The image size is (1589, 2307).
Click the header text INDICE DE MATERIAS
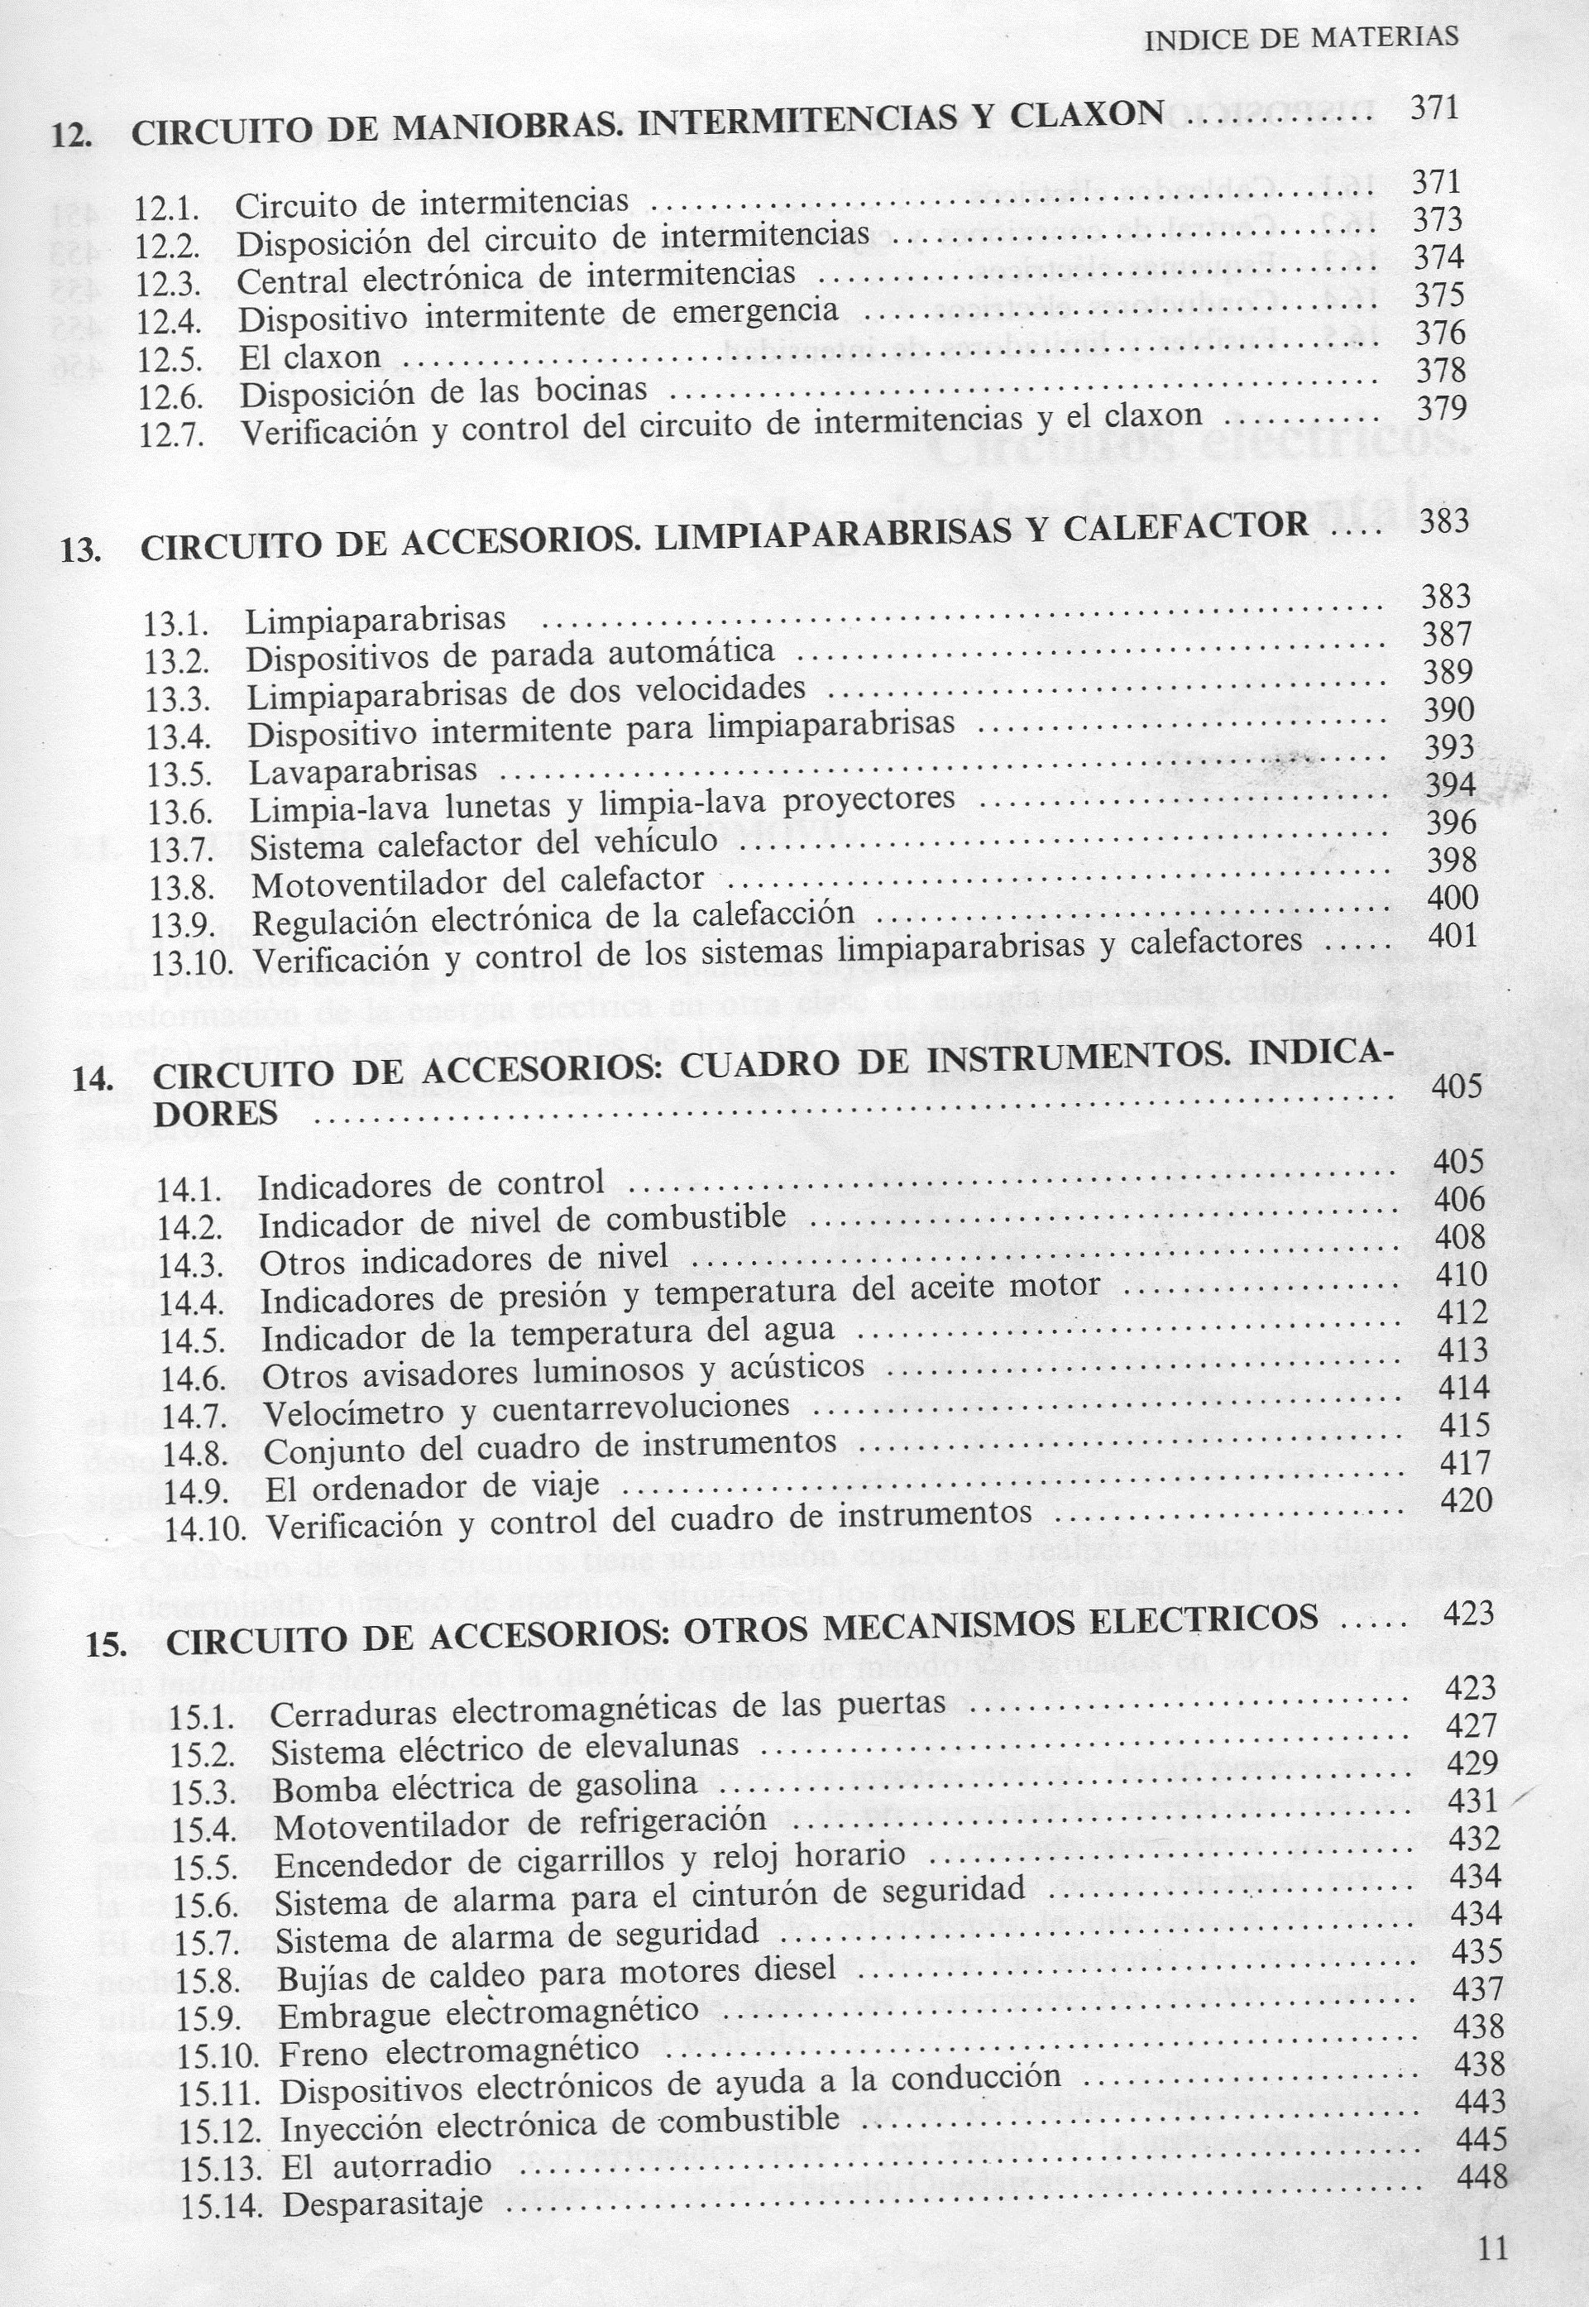(1301, 38)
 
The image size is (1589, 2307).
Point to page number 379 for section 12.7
(1439, 408)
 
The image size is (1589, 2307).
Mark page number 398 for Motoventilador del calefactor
(1451, 859)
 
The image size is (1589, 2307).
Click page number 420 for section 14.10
(1466, 1499)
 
